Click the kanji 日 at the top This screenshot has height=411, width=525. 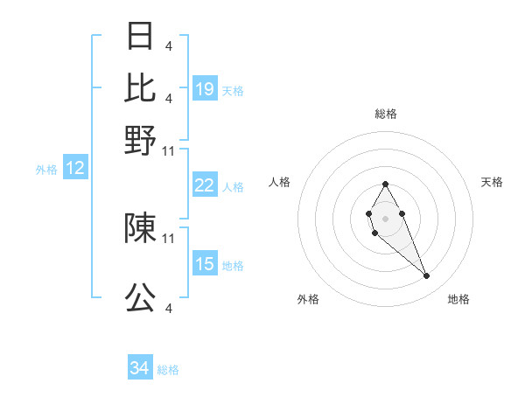click(x=140, y=36)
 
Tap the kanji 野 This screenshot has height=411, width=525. click(x=140, y=139)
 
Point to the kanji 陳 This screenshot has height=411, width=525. click(x=140, y=227)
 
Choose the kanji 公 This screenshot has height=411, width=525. click(x=140, y=298)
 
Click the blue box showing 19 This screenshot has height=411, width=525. click(x=205, y=89)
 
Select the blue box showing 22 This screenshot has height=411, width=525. click(x=205, y=185)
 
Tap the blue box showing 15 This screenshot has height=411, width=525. click(x=205, y=264)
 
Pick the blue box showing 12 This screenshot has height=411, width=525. click(x=75, y=169)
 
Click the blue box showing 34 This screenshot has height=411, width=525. click(x=139, y=369)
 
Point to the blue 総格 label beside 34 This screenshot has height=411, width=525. click(x=168, y=370)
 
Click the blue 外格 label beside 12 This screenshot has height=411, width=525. click(x=46, y=170)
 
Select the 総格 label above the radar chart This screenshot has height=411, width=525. click(x=385, y=114)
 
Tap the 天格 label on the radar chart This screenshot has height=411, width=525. click(x=492, y=182)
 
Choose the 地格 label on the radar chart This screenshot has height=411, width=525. click(x=458, y=299)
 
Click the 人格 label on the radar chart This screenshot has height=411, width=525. click(x=280, y=182)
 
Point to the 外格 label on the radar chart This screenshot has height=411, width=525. click(x=308, y=299)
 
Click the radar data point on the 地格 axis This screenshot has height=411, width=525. click(x=427, y=276)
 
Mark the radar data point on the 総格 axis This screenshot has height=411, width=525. click(x=385, y=184)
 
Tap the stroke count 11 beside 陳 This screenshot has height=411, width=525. click(x=169, y=238)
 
